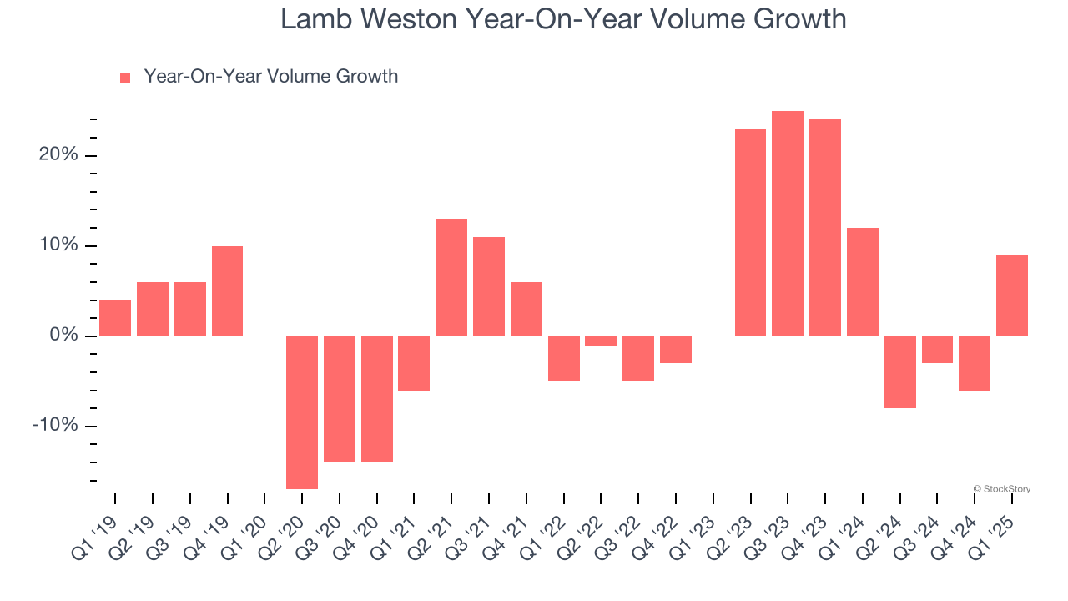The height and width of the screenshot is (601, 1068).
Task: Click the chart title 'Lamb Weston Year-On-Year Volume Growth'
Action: tap(563, 19)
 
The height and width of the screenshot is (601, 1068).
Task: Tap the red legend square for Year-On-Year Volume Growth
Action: tap(125, 78)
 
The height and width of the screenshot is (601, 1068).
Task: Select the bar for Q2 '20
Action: tap(302, 412)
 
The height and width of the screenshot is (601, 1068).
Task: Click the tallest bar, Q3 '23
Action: tap(788, 224)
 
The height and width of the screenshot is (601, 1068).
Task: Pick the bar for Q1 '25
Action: tap(1011, 295)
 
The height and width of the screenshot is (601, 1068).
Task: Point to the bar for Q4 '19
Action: tap(227, 291)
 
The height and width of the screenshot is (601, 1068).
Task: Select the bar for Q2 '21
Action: tap(451, 278)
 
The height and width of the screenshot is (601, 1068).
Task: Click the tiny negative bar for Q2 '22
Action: tap(601, 341)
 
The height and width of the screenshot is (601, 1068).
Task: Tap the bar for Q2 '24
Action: tap(899, 372)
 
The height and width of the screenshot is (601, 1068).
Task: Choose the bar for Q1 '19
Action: tap(115, 318)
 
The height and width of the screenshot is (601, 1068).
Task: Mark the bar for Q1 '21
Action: tap(414, 363)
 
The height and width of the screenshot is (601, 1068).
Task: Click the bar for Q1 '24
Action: tap(862, 282)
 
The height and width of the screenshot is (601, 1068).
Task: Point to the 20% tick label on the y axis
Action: tap(58, 155)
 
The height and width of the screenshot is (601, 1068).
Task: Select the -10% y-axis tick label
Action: tap(55, 426)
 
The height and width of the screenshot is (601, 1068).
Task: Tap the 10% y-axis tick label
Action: tap(58, 245)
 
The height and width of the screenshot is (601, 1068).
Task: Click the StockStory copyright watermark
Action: tap(1001, 489)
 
